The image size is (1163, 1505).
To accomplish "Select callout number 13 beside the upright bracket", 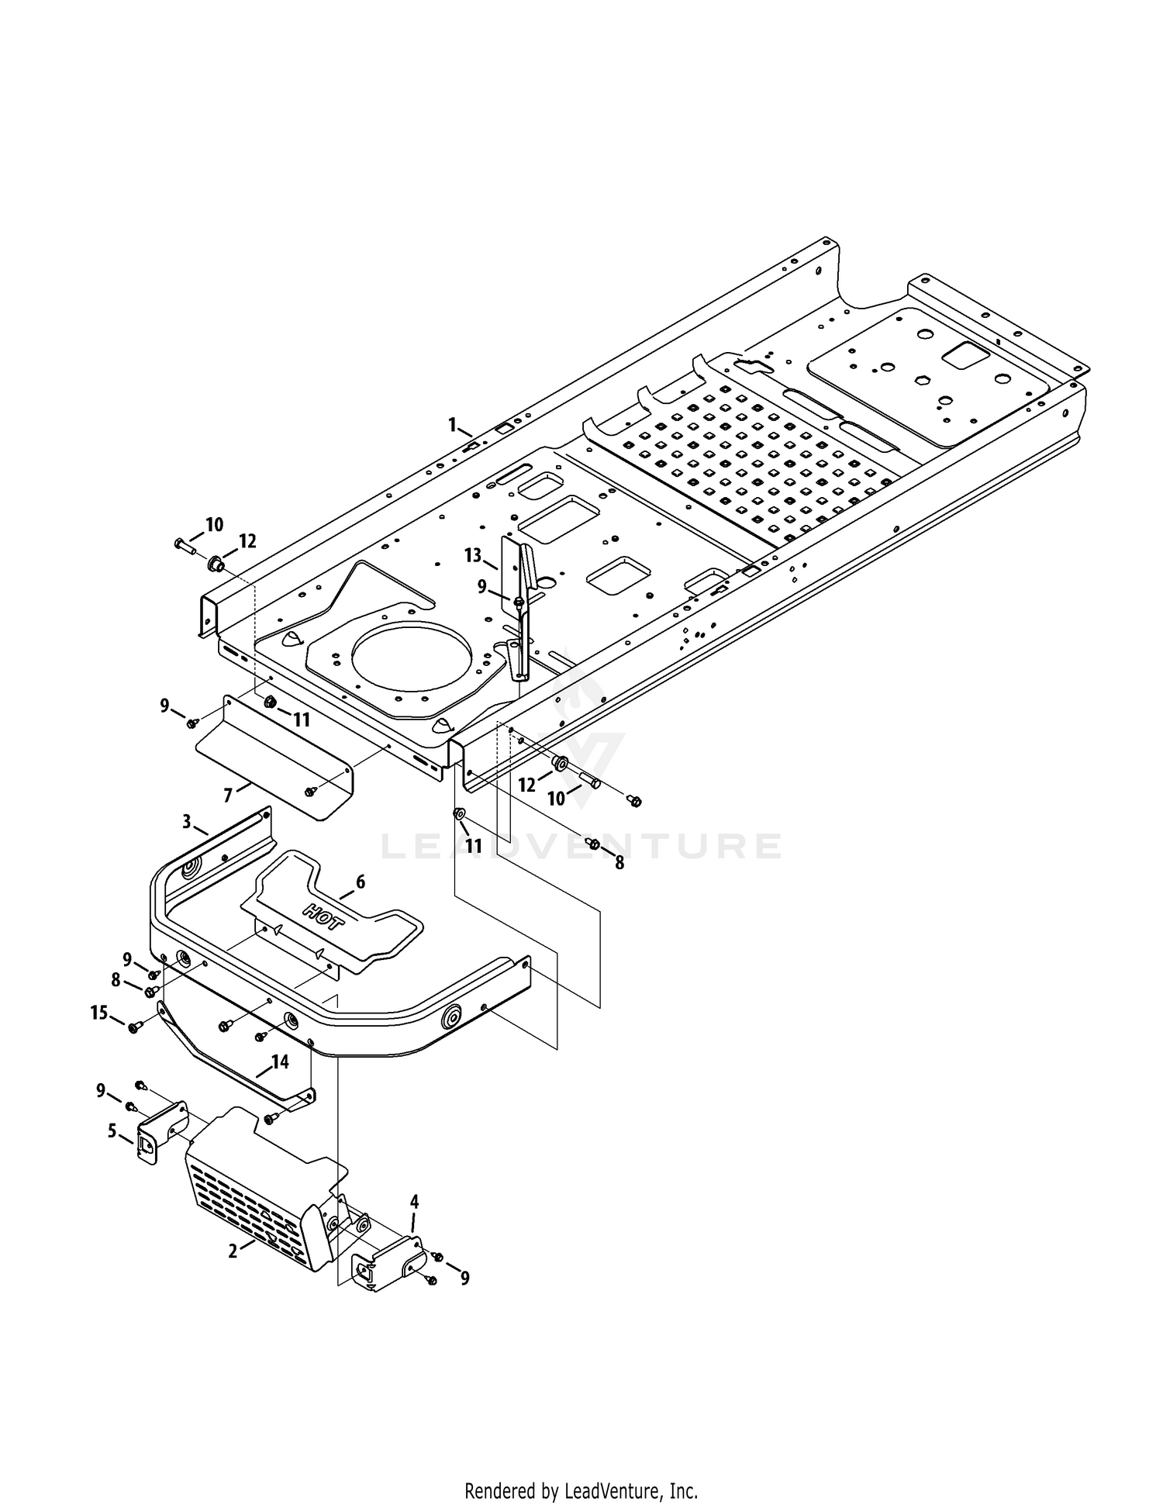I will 473,555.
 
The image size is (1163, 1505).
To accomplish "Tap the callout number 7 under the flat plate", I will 228,796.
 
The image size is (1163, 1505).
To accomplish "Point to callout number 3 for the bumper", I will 187,822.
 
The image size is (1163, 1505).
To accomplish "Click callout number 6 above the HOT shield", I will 360,882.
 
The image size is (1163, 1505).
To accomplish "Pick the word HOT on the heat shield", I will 323,916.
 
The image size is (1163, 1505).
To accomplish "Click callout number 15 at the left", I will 99,1013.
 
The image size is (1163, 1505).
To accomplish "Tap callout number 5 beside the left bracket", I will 112,1131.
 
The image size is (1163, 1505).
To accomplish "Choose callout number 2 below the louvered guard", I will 233,1251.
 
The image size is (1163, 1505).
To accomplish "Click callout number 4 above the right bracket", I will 414,1202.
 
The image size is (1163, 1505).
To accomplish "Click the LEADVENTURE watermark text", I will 581,846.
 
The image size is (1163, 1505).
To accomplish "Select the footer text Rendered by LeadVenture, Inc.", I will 581,1491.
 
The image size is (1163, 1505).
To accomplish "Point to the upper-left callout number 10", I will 214,525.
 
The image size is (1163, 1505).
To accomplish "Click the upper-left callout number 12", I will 247,541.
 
